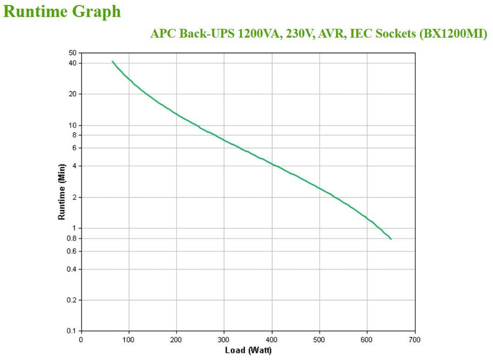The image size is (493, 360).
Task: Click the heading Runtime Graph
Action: (x=62, y=11)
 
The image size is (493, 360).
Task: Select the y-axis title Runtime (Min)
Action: (x=62, y=192)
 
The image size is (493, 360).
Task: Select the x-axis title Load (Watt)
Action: (x=248, y=351)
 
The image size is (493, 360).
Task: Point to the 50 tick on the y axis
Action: (x=72, y=53)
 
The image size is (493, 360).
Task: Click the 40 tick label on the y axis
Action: (x=72, y=63)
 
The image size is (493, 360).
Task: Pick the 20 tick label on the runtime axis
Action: (x=72, y=94)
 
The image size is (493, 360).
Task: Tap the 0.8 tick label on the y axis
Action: (x=71, y=238)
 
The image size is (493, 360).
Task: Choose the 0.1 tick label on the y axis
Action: (x=71, y=331)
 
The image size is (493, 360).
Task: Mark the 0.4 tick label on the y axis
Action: (x=71, y=269)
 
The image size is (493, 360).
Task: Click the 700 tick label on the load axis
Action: (x=415, y=339)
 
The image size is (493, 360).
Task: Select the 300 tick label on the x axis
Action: (x=224, y=339)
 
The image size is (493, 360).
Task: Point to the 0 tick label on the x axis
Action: (x=81, y=339)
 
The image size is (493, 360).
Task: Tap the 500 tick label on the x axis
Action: (x=320, y=339)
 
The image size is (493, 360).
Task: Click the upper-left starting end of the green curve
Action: (x=112, y=61)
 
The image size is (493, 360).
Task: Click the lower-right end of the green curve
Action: (x=391, y=239)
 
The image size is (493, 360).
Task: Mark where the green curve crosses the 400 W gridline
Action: (x=272, y=164)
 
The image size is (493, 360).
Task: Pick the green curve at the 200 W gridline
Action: (x=177, y=114)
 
